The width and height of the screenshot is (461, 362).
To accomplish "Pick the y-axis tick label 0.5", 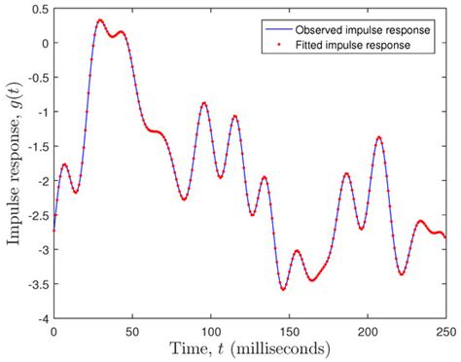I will coord(39,9).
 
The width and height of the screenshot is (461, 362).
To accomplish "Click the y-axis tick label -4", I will coord(41,318).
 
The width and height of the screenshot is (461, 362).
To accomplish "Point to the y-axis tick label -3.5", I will coord(36,284).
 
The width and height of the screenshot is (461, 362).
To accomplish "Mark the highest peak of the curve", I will coord(100,19).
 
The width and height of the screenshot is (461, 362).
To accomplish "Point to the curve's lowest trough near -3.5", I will coord(283,289).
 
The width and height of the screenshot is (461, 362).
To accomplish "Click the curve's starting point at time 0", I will coord(54,231).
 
